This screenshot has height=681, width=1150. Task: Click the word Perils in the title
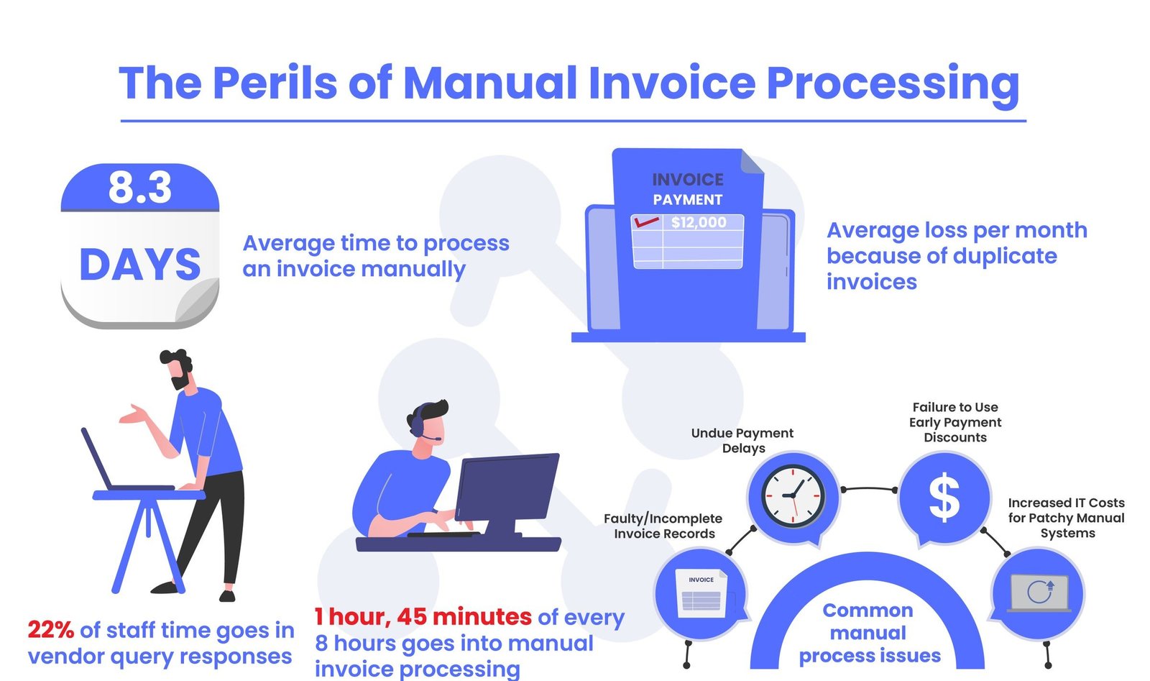(275, 83)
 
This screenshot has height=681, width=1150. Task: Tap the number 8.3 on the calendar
(140, 187)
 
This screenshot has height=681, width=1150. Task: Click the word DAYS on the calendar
(140, 265)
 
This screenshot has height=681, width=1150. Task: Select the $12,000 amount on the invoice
(699, 222)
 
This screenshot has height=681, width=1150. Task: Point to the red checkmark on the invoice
(645, 221)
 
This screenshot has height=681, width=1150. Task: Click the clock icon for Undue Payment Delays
(793, 495)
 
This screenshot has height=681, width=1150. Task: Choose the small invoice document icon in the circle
(701, 593)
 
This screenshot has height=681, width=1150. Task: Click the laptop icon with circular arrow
(1039, 593)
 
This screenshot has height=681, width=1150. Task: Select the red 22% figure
(50, 630)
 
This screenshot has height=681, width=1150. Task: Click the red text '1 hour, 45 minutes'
(423, 617)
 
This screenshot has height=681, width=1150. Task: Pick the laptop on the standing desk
(108, 464)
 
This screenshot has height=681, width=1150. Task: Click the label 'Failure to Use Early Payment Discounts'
(954, 422)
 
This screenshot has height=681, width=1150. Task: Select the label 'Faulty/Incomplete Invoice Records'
(663, 526)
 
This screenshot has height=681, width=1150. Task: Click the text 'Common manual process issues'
(868, 633)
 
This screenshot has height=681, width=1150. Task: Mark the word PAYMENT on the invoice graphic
(687, 200)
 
